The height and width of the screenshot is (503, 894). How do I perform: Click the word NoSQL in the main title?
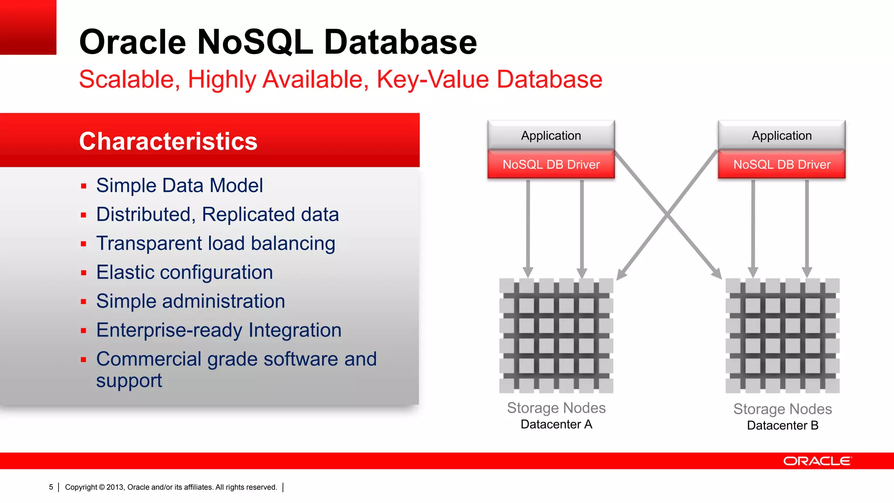254,42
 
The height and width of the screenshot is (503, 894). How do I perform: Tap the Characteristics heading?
168,141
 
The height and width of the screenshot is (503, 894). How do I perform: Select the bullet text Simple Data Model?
179,186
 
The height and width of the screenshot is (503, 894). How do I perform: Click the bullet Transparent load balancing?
216,244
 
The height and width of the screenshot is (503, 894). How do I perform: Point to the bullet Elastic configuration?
184,272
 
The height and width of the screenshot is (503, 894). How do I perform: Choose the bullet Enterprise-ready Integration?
219,330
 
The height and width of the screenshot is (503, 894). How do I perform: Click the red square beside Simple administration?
84,302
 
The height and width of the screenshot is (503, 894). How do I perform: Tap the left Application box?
551,135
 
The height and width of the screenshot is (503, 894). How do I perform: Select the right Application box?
781,135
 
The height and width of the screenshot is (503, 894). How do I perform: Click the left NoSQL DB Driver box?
551,165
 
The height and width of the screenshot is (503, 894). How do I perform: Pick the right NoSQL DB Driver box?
781,165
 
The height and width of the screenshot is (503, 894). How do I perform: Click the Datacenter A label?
556,424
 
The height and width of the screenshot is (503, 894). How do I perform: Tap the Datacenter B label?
782,426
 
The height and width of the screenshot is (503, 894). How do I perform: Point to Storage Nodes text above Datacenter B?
782,409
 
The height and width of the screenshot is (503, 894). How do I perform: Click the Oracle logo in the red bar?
817,461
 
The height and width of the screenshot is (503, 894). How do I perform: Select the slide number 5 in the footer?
51,487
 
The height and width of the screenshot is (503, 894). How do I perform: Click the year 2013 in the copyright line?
115,487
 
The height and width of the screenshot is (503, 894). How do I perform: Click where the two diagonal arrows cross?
667,214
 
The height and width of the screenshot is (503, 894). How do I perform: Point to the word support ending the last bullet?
129,381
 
